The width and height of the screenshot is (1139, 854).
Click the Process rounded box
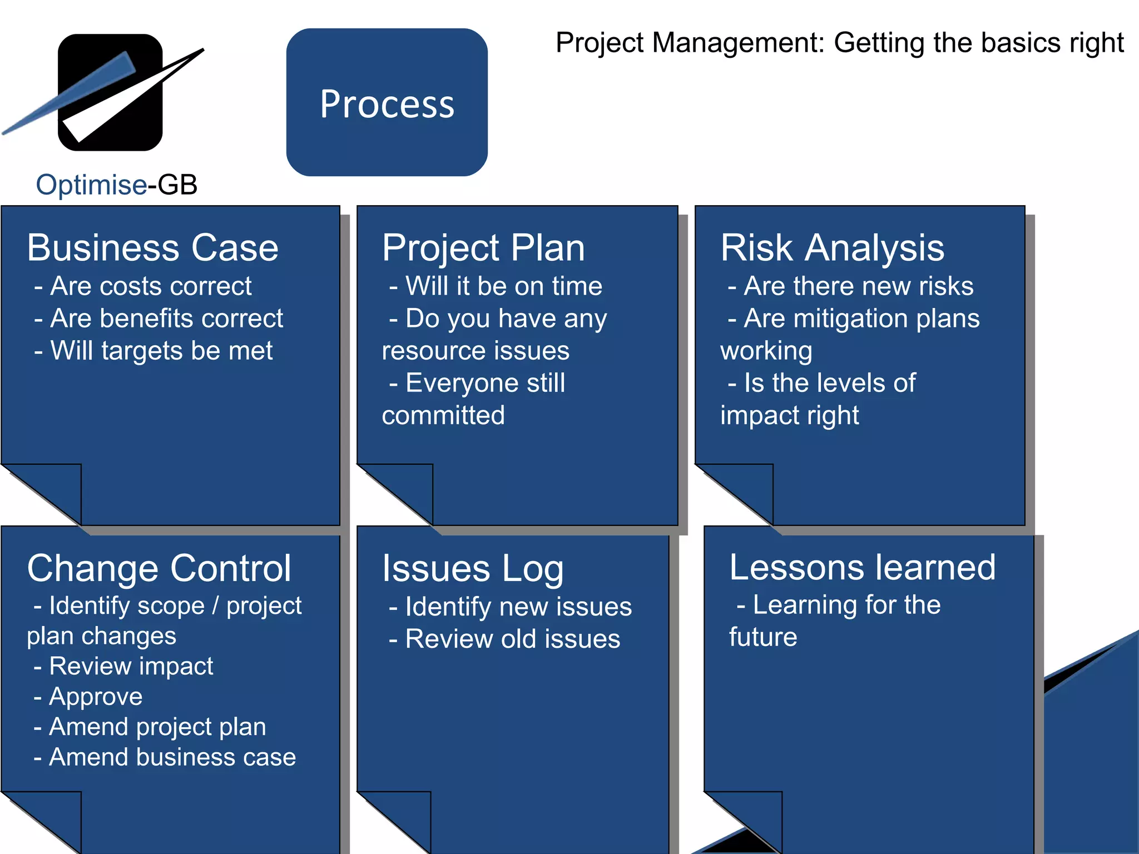[x=387, y=103]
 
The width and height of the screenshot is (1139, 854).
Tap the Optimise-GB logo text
[x=117, y=185]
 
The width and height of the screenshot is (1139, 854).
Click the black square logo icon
[x=110, y=92]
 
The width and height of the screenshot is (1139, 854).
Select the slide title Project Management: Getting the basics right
[x=839, y=43]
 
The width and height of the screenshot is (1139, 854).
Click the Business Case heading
[x=153, y=247]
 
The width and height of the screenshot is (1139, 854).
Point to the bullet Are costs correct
[x=143, y=286]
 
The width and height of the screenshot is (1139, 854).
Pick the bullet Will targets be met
[x=154, y=351]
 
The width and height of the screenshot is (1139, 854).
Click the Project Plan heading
[x=483, y=247]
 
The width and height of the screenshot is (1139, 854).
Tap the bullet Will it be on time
[x=496, y=286]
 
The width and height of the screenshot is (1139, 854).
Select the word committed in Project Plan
[x=443, y=415]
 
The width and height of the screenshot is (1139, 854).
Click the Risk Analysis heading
[x=832, y=247]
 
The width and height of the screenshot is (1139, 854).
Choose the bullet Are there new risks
[x=851, y=286]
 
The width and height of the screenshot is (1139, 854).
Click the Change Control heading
[x=159, y=568]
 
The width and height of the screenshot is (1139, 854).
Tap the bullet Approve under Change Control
[x=89, y=697]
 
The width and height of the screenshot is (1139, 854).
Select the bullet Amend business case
[x=165, y=757]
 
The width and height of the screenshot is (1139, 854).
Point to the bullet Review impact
[x=124, y=666]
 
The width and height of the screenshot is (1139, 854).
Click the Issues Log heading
[x=473, y=568]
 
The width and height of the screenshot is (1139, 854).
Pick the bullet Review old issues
[x=505, y=639]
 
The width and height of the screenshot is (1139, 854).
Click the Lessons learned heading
[x=863, y=567]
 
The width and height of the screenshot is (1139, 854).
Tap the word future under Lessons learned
[x=763, y=637]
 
